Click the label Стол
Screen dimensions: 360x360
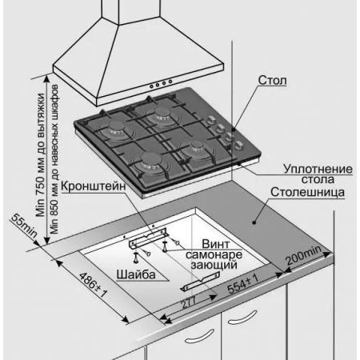coord(272,80)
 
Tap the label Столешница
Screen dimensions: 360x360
coord(307,192)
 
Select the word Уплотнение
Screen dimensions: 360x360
coord(318,169)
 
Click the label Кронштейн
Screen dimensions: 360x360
coord(94,186)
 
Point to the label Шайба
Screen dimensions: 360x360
coord(136,274)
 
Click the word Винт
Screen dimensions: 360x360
coord(216,244)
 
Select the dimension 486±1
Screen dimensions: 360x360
coord(93,285)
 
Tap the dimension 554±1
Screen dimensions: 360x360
coord(242,284)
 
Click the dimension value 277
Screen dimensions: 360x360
coord(189,302)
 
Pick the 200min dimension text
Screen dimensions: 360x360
coord(304,255)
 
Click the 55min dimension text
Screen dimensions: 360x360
coord(24,226)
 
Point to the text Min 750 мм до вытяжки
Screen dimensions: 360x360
coord(41,155)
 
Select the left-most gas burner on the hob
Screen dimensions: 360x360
coord(115,130)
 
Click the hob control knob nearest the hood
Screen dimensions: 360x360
coord(212,120)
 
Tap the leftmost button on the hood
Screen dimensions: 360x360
coord(151,86)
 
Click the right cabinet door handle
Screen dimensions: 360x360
coord(242,318)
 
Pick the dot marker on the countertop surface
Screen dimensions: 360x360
coord(254,222)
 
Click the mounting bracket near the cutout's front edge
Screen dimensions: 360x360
coord(201,281)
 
